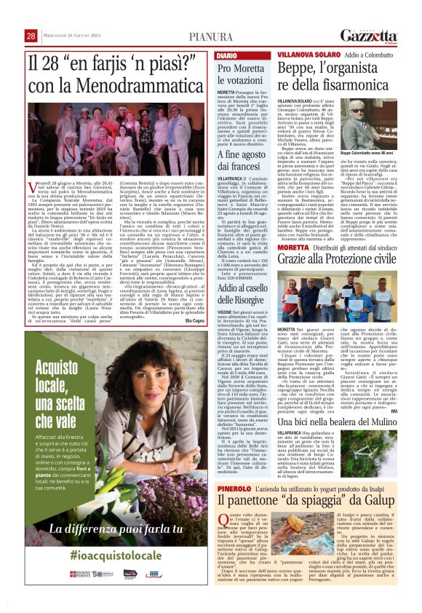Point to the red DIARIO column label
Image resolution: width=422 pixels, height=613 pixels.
(226, 55)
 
